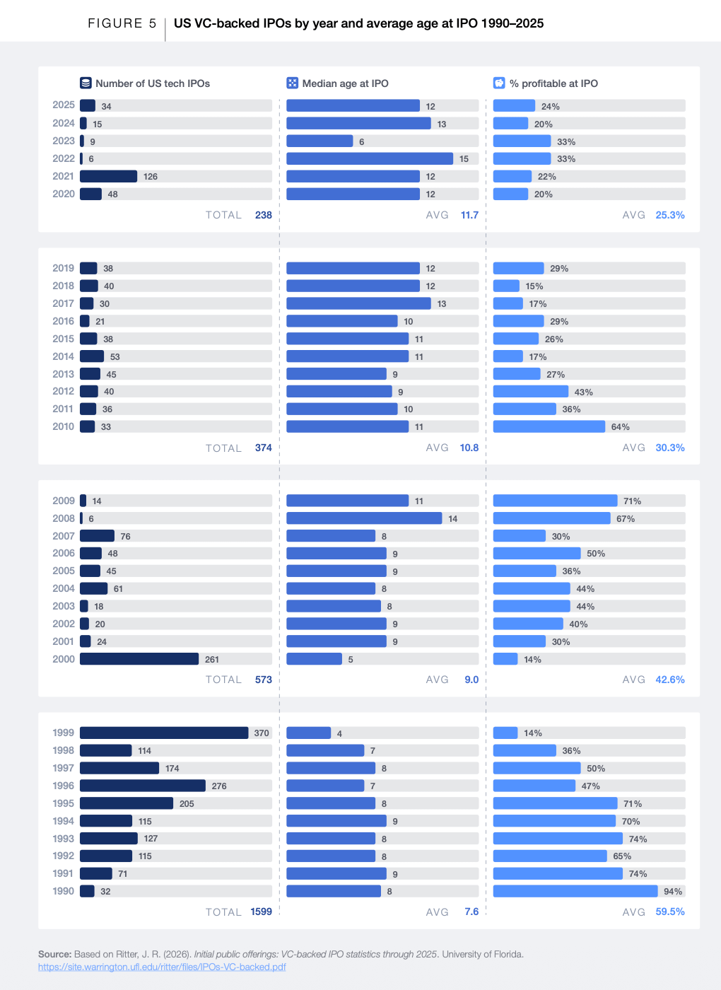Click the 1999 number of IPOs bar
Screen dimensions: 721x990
(x=164, y=733)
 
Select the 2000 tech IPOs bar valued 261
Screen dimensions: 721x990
(x=139, y=659)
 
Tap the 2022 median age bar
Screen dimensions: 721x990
(x=370, y=158)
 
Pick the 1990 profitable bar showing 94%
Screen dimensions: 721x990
(x=575, y=892)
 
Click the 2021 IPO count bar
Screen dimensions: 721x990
(x=109, y=176)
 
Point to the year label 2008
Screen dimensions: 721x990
(x=64, y=518)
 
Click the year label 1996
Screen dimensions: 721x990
(x=64, y=786)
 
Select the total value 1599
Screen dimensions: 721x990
(x=261, y=912)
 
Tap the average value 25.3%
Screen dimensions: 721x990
(x=670, y=215)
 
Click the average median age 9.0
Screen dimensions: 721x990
(x=471, y=680)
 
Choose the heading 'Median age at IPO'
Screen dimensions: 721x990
(x=346, y=83)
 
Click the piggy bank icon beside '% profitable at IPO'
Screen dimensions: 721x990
(x=499, y=83)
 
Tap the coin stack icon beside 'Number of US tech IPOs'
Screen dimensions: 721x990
(x=86, y=83)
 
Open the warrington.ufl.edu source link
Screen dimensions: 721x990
(x=162, y=967)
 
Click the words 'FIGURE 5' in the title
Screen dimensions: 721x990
(x=122, y=23)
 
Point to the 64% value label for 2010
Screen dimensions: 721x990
(x=621, y=427)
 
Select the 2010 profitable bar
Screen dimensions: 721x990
(x=549, y=426)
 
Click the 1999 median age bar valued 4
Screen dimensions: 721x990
(x=308, y=733)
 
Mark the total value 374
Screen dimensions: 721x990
(x=263, y=448)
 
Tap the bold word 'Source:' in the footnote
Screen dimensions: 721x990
(x=55, y=954)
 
